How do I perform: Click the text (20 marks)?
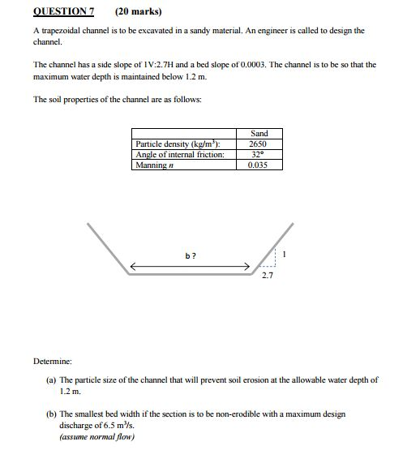[x=138, y=11]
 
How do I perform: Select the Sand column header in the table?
[x=259, y=134]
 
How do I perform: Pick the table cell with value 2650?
[x=259, y=144]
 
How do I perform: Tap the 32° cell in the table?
[x=259, y=154]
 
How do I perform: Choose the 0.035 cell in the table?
[x=259, y=165]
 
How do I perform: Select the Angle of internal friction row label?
[x=180, y=154]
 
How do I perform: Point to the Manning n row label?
[x=156, y=165]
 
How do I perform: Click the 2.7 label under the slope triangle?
[x=268, y=276]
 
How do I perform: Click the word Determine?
[x=53, y=359]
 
